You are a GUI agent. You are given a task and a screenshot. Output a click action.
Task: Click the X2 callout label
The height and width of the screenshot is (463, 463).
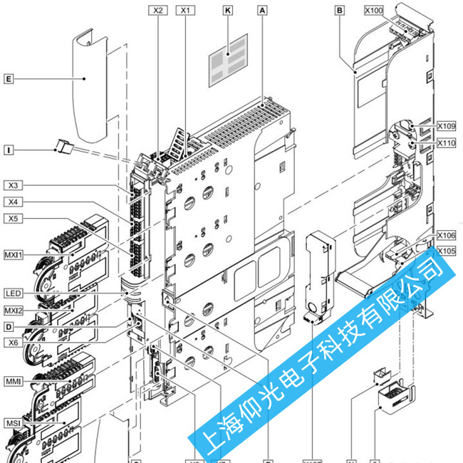coord(157,11)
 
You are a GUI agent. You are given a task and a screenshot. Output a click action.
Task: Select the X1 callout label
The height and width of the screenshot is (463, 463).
coord(186,11)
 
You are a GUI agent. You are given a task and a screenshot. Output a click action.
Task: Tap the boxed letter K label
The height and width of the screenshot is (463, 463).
coord(228,11)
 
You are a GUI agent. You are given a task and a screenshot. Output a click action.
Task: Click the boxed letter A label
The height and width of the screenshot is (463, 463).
coord(263,11)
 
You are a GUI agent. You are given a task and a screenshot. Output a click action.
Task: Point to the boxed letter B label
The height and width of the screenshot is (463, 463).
coord(339,11)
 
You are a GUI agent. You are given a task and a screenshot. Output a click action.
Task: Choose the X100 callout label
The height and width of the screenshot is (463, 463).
coord(373,11)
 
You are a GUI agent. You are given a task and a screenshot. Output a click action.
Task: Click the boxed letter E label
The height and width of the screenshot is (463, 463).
coord(9,78)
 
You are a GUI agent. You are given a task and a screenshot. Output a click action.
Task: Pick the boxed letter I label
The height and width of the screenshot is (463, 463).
coord(9,150)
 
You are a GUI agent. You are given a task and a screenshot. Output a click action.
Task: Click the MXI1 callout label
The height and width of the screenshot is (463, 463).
coord(14,254)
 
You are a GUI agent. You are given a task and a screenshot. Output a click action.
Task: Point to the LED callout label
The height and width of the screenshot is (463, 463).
coord(14,293)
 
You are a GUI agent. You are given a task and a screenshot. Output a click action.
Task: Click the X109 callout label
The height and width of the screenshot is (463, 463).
coord(446,126)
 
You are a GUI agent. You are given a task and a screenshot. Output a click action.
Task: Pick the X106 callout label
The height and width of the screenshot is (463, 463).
coord(446,236)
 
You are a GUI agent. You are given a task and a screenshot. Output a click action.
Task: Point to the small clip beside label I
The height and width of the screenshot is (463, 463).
coord(63,147)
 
